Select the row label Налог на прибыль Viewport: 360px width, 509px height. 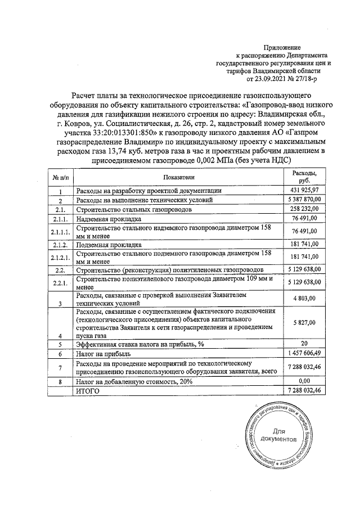click(x=103, y=354)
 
